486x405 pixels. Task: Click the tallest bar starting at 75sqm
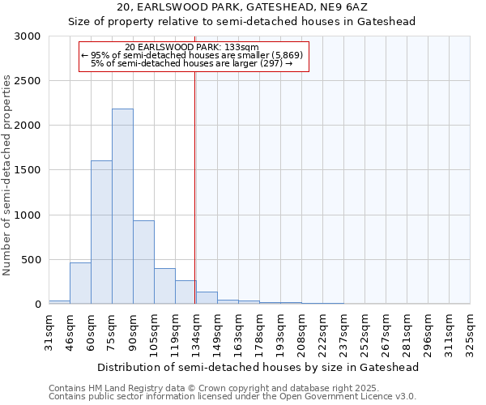122,207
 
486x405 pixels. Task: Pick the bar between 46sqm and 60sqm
80,283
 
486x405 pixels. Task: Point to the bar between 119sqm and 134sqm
185,292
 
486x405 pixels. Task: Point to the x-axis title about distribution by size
259,367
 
